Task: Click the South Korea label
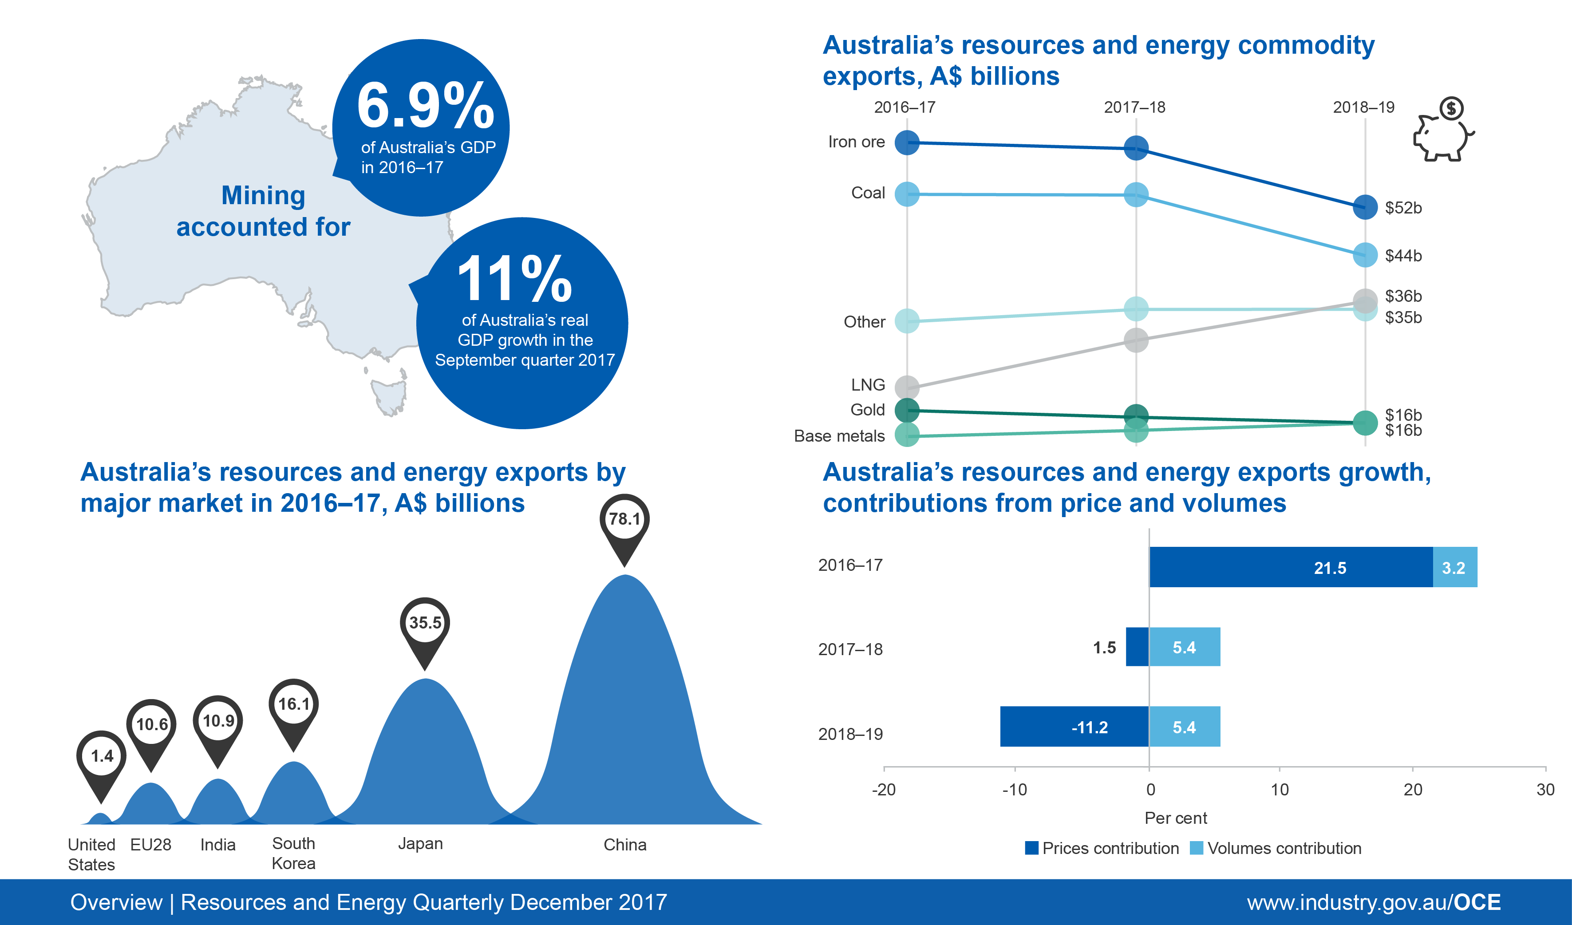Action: [293, 853]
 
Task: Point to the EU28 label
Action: [150, 845]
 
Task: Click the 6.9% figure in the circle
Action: [426, 105]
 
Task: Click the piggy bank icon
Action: [1442, 132]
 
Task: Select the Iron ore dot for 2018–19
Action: [1365, 207]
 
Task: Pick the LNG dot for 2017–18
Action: [1136, 340]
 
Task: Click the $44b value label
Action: [1403, 256]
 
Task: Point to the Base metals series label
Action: [839, 436]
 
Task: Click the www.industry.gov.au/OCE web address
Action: [1374, 902]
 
